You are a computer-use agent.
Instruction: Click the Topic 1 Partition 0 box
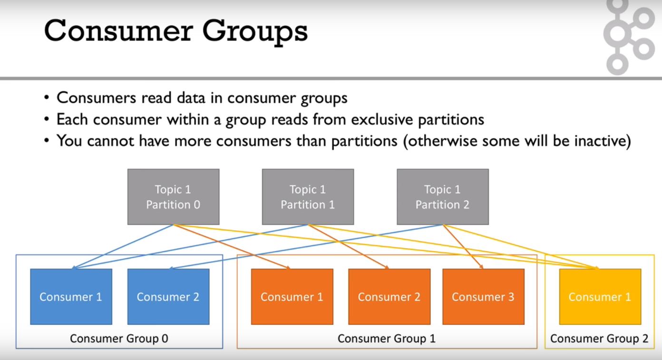(173, 197)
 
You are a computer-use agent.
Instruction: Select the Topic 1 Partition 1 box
(308, 197)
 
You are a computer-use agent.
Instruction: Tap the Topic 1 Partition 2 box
(442, 197)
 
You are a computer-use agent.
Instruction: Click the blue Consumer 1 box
(71, 297)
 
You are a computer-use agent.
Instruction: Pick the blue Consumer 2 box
(168, 297)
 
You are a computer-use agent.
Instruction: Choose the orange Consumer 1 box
(292, 297)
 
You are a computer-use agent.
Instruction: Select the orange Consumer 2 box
(389, 297)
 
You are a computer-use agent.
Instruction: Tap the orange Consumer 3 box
(483, 297)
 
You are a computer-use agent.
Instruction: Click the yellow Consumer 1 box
(600, 297)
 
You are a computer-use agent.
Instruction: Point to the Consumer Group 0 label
(119, 339)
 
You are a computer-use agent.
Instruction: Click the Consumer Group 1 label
(386, 339)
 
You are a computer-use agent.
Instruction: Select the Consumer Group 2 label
(599, 339)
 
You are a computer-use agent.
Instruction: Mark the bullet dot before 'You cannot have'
(47, 141)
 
